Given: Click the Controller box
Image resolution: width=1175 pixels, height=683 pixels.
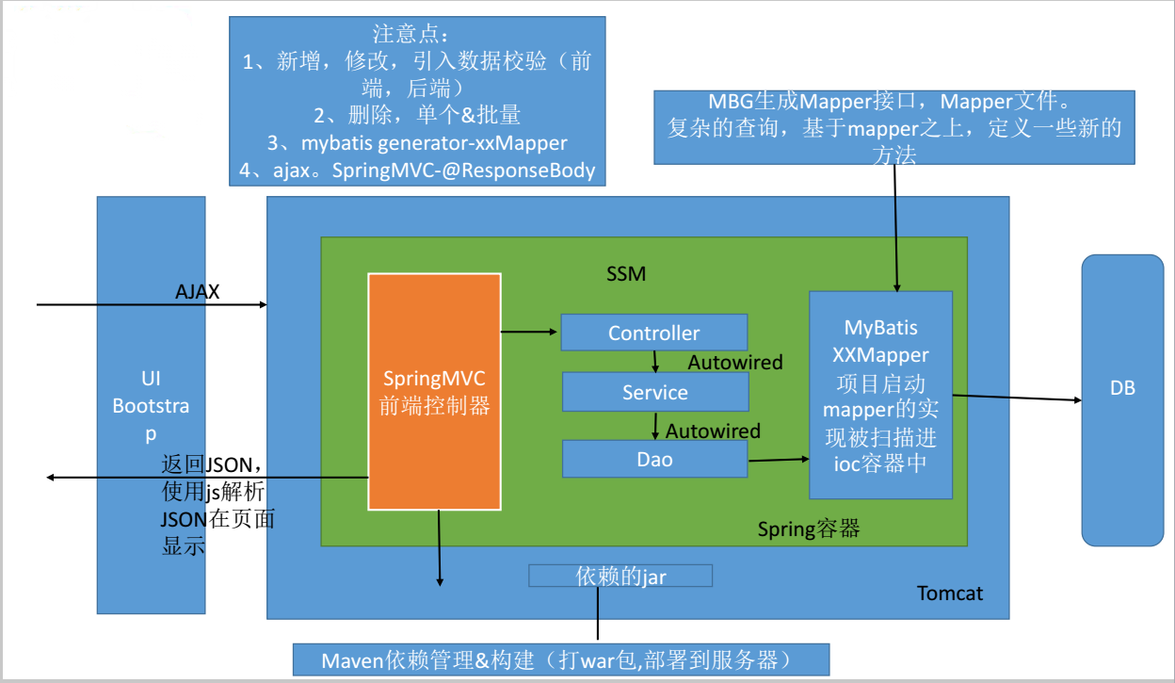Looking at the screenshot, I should (653, 333).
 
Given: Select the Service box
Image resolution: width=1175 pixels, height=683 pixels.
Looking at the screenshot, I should (654, 392).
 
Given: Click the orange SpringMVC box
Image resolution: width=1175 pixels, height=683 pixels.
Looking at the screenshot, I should (434, 392).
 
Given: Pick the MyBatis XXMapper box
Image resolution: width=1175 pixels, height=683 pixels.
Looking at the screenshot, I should (880, 395).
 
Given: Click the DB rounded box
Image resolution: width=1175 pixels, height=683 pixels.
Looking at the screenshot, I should (1122, 387).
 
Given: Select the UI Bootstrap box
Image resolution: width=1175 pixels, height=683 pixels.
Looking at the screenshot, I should (151, 405).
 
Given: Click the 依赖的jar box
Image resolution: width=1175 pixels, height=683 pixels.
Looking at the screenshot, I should (620, 576).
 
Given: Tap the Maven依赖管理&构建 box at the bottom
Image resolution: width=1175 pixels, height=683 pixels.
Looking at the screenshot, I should (560, 659).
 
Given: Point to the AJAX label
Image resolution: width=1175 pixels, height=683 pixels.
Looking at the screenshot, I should (197, 292).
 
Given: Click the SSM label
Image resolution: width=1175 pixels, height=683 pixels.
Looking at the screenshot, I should (626, 274).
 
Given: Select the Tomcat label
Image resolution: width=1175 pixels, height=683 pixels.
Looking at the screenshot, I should (949, 594).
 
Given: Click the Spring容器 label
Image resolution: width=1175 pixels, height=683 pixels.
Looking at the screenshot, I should (809, 529).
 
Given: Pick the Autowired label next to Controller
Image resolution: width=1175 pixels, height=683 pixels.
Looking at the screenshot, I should (735, 362).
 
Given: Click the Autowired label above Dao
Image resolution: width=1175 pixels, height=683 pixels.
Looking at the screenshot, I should (713, 431).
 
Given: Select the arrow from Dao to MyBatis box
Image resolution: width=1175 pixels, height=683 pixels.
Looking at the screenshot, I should (778, 460).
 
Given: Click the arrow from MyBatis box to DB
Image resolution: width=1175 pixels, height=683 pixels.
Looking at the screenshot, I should (1017, 398).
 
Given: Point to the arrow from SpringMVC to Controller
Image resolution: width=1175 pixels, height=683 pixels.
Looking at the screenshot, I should (530, 332).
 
